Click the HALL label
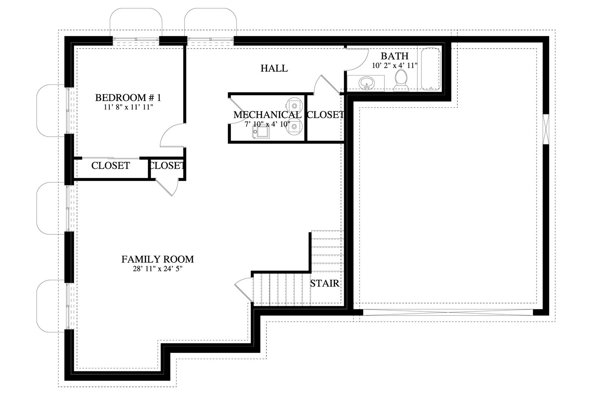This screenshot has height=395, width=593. coord(274,68)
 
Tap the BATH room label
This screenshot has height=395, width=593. coord(394,56)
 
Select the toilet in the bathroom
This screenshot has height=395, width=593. coord(401,80)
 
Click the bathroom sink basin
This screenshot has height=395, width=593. coord(367,83)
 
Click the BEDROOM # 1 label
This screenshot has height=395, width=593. coord(128,98)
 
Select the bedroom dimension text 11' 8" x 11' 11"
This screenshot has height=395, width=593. coord(128,107)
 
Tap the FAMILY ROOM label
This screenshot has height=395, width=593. coord(158,259)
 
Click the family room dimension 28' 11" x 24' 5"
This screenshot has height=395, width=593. coord(158,269)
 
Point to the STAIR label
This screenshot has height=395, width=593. coord(325,284)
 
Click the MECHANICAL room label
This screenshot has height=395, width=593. coord(267,115)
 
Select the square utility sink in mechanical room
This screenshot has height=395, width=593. coord(261,132)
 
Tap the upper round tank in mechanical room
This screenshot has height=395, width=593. coord(294,105)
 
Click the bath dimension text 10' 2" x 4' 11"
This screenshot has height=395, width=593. coord(394,66)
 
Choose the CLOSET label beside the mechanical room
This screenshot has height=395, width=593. coord(325,115)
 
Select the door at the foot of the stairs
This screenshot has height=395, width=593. coord(244,289)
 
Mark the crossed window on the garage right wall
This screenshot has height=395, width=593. coord(546,129)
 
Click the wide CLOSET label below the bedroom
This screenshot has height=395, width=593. coord(110,166)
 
